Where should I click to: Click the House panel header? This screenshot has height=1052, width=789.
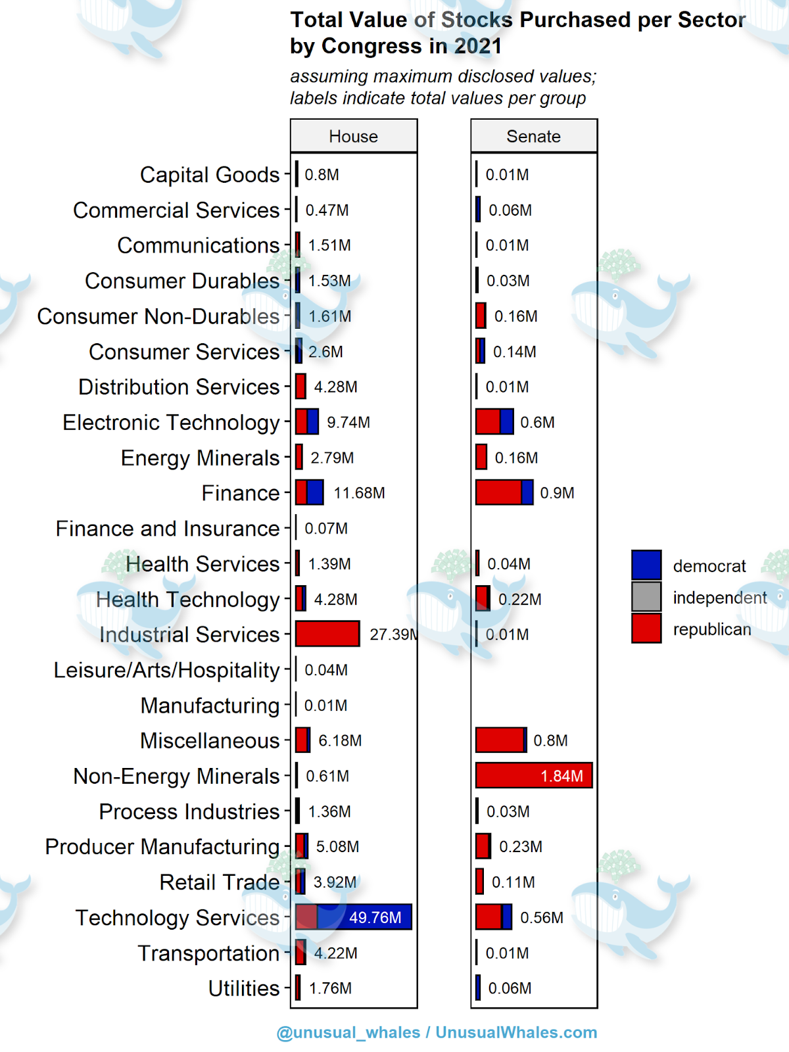click(354, 136)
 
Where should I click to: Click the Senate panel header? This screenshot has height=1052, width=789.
click(533, 136)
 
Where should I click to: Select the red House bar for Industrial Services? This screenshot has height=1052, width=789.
click(327, 634)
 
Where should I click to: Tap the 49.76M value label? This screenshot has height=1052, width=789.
click(375, 917)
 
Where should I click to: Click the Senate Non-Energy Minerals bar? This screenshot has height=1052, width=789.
click(533, 775)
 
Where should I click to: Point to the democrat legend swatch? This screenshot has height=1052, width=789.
click(646, 565)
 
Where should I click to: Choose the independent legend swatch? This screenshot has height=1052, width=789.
click(646, 597)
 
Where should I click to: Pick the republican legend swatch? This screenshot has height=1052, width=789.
click(646, 629)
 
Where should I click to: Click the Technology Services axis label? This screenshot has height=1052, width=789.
click(178, 917)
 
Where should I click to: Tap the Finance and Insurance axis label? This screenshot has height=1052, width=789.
click(168, 529)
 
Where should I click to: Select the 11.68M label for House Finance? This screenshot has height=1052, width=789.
click(359, 493)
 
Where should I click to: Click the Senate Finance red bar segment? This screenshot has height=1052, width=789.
click(498, 492)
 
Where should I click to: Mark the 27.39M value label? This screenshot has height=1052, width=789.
click(393, 634)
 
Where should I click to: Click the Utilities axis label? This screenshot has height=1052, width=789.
click(244, 988)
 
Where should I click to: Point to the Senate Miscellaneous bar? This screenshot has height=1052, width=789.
click(500, 740)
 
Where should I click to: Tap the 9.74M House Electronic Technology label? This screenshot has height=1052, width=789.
click(348, 422)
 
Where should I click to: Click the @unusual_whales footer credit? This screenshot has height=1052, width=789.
click(348, 1032)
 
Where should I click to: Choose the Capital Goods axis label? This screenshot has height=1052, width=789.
click(210, 175)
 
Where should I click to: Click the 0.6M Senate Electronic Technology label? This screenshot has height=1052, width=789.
click(537, 422)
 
